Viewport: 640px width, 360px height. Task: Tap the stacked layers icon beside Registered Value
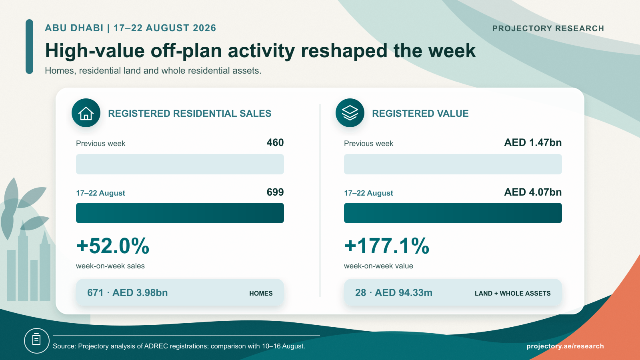coord(350,113)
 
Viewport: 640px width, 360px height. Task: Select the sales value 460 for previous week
coord(275,142)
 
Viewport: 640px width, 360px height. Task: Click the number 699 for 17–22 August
coord(275,192)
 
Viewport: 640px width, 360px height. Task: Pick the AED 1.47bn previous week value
coord(533,142)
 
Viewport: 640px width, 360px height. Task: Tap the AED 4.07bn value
coord(533,192)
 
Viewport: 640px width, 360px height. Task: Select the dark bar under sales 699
coord(180,213)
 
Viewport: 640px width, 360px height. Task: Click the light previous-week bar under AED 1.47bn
coord(453,164)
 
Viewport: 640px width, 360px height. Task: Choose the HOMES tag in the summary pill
coord(261,294)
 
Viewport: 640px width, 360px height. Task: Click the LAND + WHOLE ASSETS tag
coord(512,294)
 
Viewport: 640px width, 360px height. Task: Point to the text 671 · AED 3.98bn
coord(128,292)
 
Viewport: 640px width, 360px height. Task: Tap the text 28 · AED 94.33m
coord(394,292)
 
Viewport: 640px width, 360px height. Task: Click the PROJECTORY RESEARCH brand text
coord(548,28)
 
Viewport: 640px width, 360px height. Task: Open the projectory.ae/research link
coord(565,346)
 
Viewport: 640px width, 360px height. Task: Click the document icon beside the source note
coord(36,340)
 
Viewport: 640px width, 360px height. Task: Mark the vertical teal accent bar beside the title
coord(30,46)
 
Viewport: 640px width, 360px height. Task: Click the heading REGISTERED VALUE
coord(420,114)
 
